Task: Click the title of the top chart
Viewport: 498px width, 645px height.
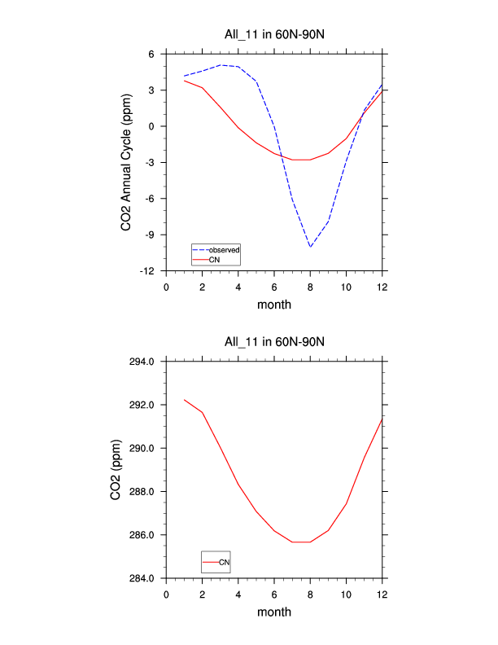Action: pyautogui.click(x=274, y=33)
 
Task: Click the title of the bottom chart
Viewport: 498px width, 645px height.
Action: pyautogui.click(x=274, y=341)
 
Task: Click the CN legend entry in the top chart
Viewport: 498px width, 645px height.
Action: pyautogui.click(x=214, y=259)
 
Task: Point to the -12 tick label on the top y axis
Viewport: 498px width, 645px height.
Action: pyautogui.click(x=147, y=270)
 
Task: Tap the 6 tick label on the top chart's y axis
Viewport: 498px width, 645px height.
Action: pyautogui.click(x=151, y=55)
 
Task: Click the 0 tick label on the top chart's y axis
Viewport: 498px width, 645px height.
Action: pyautogui.click(x=151, y=126)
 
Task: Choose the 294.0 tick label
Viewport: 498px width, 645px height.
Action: pyautogui.click(x=140, y=362)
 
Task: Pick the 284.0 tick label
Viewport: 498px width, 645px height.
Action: pyautogui.click(x=140, y=579)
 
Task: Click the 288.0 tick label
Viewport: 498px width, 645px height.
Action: pyautogui.click(x=140, y=492)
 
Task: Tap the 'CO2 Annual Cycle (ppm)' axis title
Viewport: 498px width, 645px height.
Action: pyautogui.click(x=126, y=162)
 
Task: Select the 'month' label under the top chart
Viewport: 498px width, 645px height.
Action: pyautogui.click(x=274, y=305)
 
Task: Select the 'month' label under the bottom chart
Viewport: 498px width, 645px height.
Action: pyautogui.click(x=274, y=612)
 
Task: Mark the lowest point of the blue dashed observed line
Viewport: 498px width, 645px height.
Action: pyautogui.click(x=310, y=246)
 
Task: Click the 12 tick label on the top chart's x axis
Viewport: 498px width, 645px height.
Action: pyautogui.click(x=382, y=287)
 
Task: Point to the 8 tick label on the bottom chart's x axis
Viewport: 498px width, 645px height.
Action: pyautogui.click(x=310, y=594)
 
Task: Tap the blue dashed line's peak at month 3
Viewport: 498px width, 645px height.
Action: pyautogui.click(x=221, y=64)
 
